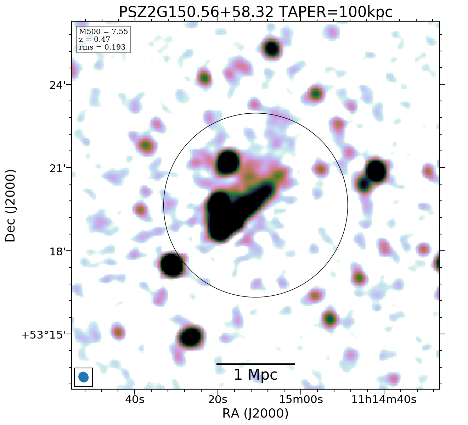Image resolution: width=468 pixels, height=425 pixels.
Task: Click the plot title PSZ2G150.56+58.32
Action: click(196, 12)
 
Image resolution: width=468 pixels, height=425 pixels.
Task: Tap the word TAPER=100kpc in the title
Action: click(336, 12)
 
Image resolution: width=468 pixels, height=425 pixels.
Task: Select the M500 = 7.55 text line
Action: click(103, 32)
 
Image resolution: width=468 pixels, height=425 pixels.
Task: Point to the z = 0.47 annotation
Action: click(94, 40)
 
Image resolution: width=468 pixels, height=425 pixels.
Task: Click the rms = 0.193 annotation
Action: click(102, 47)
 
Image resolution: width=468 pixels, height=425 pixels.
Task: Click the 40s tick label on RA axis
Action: click(135, 399)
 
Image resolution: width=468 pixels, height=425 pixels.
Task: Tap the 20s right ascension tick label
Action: click(218, 399)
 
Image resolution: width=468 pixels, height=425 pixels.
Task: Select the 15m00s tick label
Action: click(301, 399)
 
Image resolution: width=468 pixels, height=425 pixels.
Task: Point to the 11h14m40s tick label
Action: click(384, 399)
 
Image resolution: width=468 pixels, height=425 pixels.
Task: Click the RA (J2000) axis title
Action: click(255, 413)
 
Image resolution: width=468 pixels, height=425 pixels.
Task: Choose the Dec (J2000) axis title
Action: click(11, 205)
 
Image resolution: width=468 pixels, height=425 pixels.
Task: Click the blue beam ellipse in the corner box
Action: click(83, 377)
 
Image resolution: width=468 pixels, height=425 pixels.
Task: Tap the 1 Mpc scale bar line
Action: click(255, 364)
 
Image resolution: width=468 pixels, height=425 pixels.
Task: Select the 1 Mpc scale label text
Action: click(255, 375)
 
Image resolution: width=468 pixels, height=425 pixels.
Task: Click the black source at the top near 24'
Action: click(271, 48)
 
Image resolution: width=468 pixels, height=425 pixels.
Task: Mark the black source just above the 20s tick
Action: click(191, 337)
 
